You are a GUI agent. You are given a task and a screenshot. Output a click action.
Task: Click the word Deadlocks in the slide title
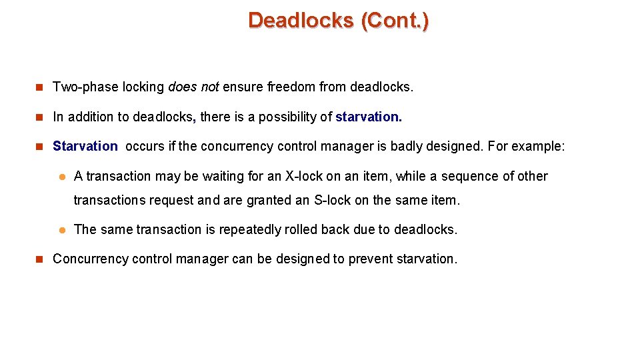[x=301, y=21]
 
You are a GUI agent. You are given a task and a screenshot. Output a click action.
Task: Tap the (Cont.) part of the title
[x=395, y=21]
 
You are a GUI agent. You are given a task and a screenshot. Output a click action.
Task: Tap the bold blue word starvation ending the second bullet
[x=368, y=117]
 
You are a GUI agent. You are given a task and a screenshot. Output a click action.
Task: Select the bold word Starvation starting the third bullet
[x=85, y=146]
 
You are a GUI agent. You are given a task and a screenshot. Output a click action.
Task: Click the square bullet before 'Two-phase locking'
[x=39, y=87]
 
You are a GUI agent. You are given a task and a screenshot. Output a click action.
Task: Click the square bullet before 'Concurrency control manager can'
[x=39, y=259]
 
